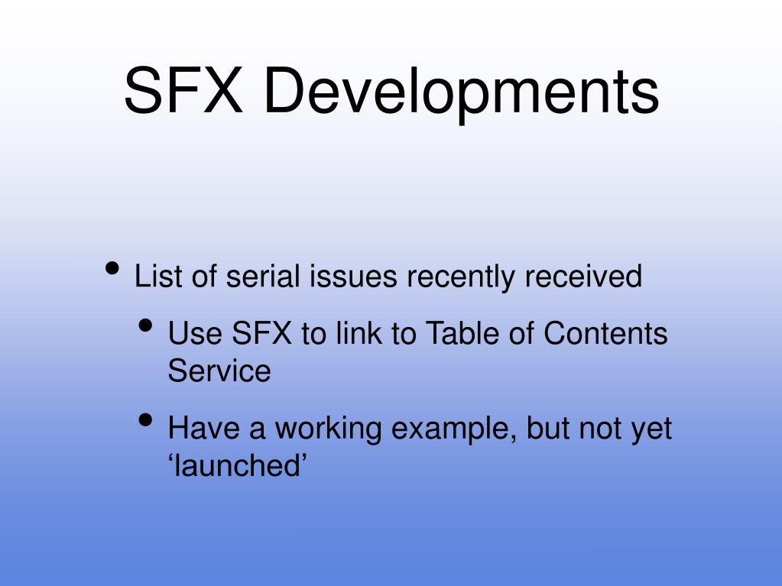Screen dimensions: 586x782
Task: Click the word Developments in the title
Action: pos(460,92)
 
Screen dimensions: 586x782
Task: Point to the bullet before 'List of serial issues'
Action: pos(113,268)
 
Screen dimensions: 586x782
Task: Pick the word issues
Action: pos(353,276)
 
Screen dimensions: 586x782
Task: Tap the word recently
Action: pos(461,277)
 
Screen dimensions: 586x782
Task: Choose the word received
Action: pos(582,276)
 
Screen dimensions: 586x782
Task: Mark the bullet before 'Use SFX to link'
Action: pos(147,326)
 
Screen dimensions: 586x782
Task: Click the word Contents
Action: pos(605,334)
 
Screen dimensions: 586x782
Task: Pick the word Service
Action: pos(219,371)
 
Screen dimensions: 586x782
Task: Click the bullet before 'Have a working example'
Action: pos(147,420)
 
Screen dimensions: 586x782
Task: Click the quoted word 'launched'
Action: pos(237,465)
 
